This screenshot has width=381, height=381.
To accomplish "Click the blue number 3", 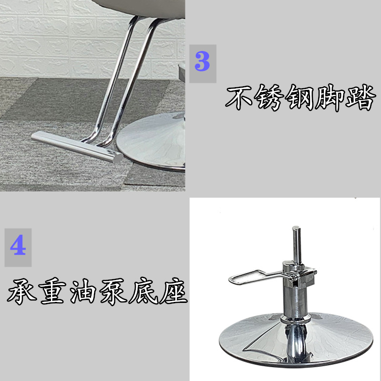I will (202, 63).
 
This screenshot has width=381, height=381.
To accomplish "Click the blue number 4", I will (18, 247).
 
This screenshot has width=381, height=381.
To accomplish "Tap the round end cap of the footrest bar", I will (118, 158).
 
